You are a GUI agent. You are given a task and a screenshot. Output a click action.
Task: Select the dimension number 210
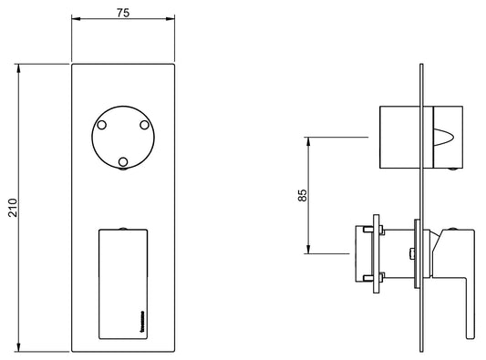tap(11, 210)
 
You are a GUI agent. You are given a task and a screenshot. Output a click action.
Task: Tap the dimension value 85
tap(303, 195)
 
